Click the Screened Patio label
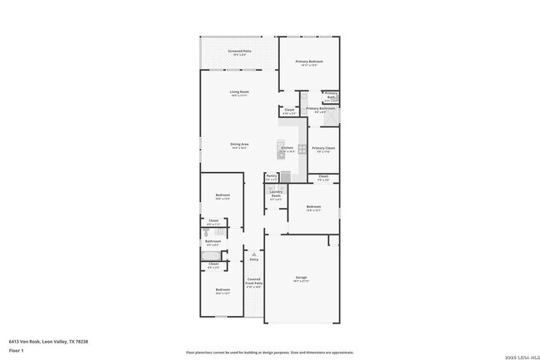point(239,52)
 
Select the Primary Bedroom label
point(310,62)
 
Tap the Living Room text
point(239,92)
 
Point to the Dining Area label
point(240,145)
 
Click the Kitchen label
point(287,148)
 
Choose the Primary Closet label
point(324,148)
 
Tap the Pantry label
point(272,176)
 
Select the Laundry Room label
point(276,196)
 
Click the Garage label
point(302,278)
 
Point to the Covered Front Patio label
point(254,283)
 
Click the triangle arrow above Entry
point(254,254)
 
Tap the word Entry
point(254,259)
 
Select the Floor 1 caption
point(17,351)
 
